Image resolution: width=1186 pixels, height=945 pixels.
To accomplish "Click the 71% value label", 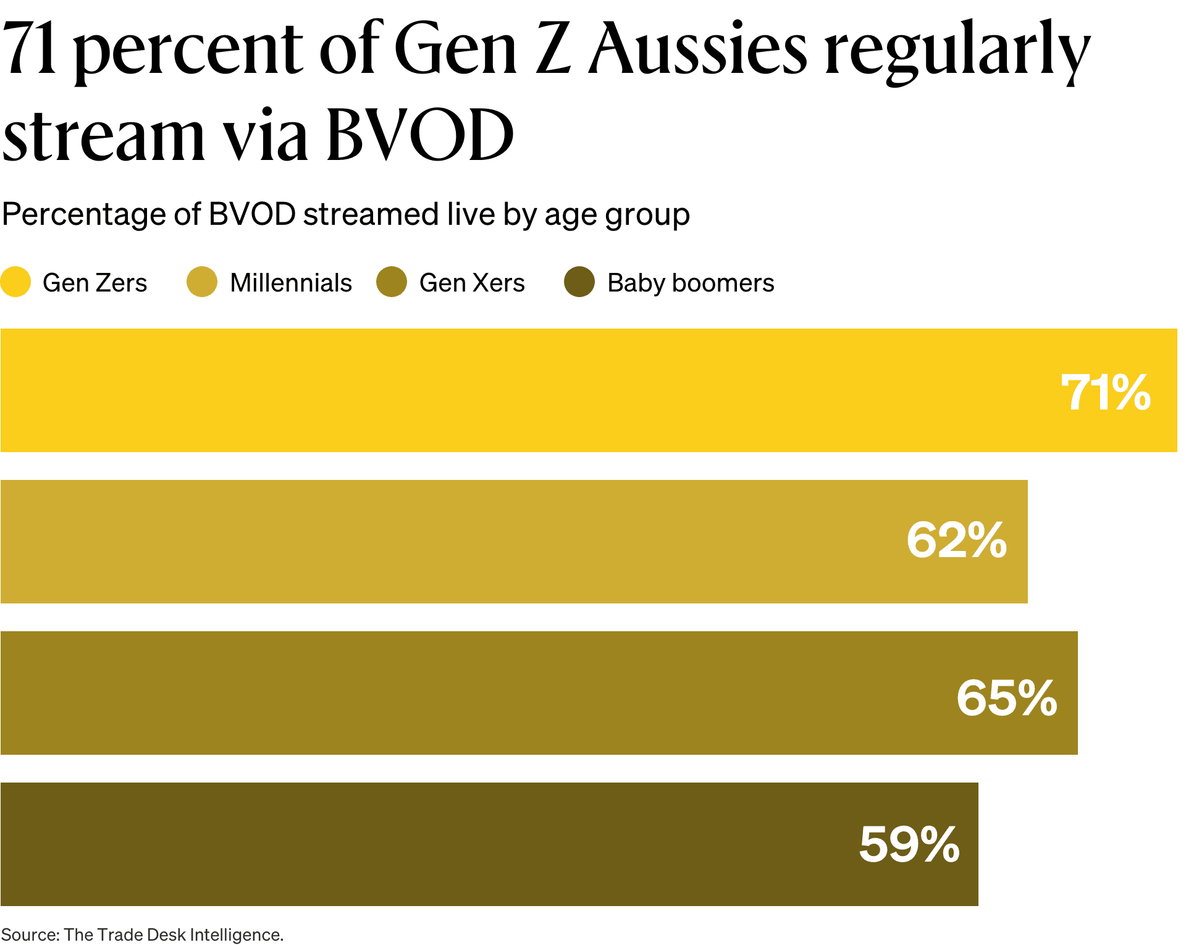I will pyautogui.click(x=1105, y=392).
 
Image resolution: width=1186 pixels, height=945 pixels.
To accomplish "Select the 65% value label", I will pyautogui.click(x=1006, y=698).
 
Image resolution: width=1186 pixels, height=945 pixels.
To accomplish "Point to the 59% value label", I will pyautogui.click(x=909, y=844).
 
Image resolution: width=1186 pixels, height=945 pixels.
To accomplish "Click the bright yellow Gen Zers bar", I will pyautogui.click(x=525, y=390).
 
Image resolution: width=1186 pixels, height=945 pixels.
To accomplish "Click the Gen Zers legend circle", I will pyautogui.click(x=15, y=282).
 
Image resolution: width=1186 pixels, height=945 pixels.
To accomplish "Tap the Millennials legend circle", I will pyautogui.click(x=202, y=282).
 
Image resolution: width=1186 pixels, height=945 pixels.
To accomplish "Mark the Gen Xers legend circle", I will pyautogui.click(x=392, y=282).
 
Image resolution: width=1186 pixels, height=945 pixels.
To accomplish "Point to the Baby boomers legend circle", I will pyautogui.click(x=579, y=282).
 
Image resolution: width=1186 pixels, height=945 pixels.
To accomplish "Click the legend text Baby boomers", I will pyautogui.click(x=690, y=283).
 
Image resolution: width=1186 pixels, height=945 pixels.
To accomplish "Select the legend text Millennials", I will pyautogui.click(x=290, y=283).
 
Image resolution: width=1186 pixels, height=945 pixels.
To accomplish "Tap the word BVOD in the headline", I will pyautogui.click(x=420, y=135).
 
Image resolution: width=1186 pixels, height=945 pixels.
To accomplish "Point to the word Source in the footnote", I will pyautogui.click(x=29, y=934).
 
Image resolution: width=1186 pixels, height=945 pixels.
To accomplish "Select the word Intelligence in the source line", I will pyautogui.click(x=236, y=934).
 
